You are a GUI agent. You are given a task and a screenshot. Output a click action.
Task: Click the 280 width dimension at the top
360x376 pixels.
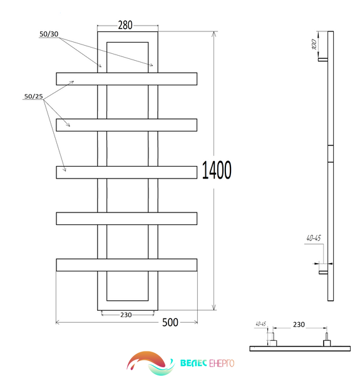(x=125, y=25)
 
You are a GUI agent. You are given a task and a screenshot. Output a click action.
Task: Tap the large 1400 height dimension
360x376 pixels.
(x=217, y=170)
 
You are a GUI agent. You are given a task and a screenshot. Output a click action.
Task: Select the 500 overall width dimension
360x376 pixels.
(x=170, y=323)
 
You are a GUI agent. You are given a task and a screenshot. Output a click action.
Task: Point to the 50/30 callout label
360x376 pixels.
(x=49, y=34)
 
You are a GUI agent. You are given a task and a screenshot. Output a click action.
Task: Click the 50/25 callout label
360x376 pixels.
(x=34, y=97)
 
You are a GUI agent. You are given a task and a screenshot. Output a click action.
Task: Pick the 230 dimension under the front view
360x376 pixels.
(x=126, y=315)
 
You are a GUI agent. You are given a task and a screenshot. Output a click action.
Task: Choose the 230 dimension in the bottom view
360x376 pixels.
(x=299, y=325)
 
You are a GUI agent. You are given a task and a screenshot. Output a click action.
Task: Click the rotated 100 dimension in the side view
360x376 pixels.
(x=314, y=44)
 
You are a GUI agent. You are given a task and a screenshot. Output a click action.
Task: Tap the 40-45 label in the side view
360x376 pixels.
(x=314, y=238)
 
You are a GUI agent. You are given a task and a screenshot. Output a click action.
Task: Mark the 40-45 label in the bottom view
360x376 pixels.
(x=261, y=324)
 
